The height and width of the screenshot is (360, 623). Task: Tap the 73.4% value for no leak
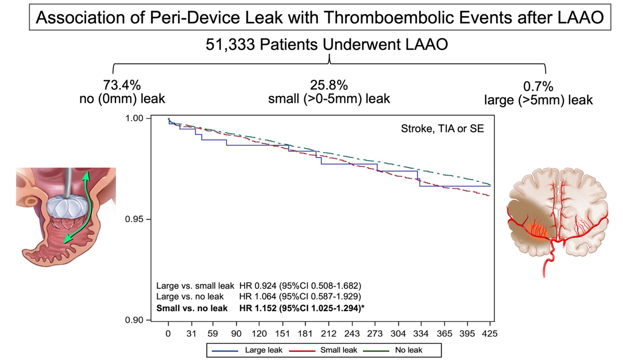121,84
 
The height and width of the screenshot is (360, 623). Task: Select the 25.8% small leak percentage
329,84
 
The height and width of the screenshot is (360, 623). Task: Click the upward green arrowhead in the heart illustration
87,175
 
